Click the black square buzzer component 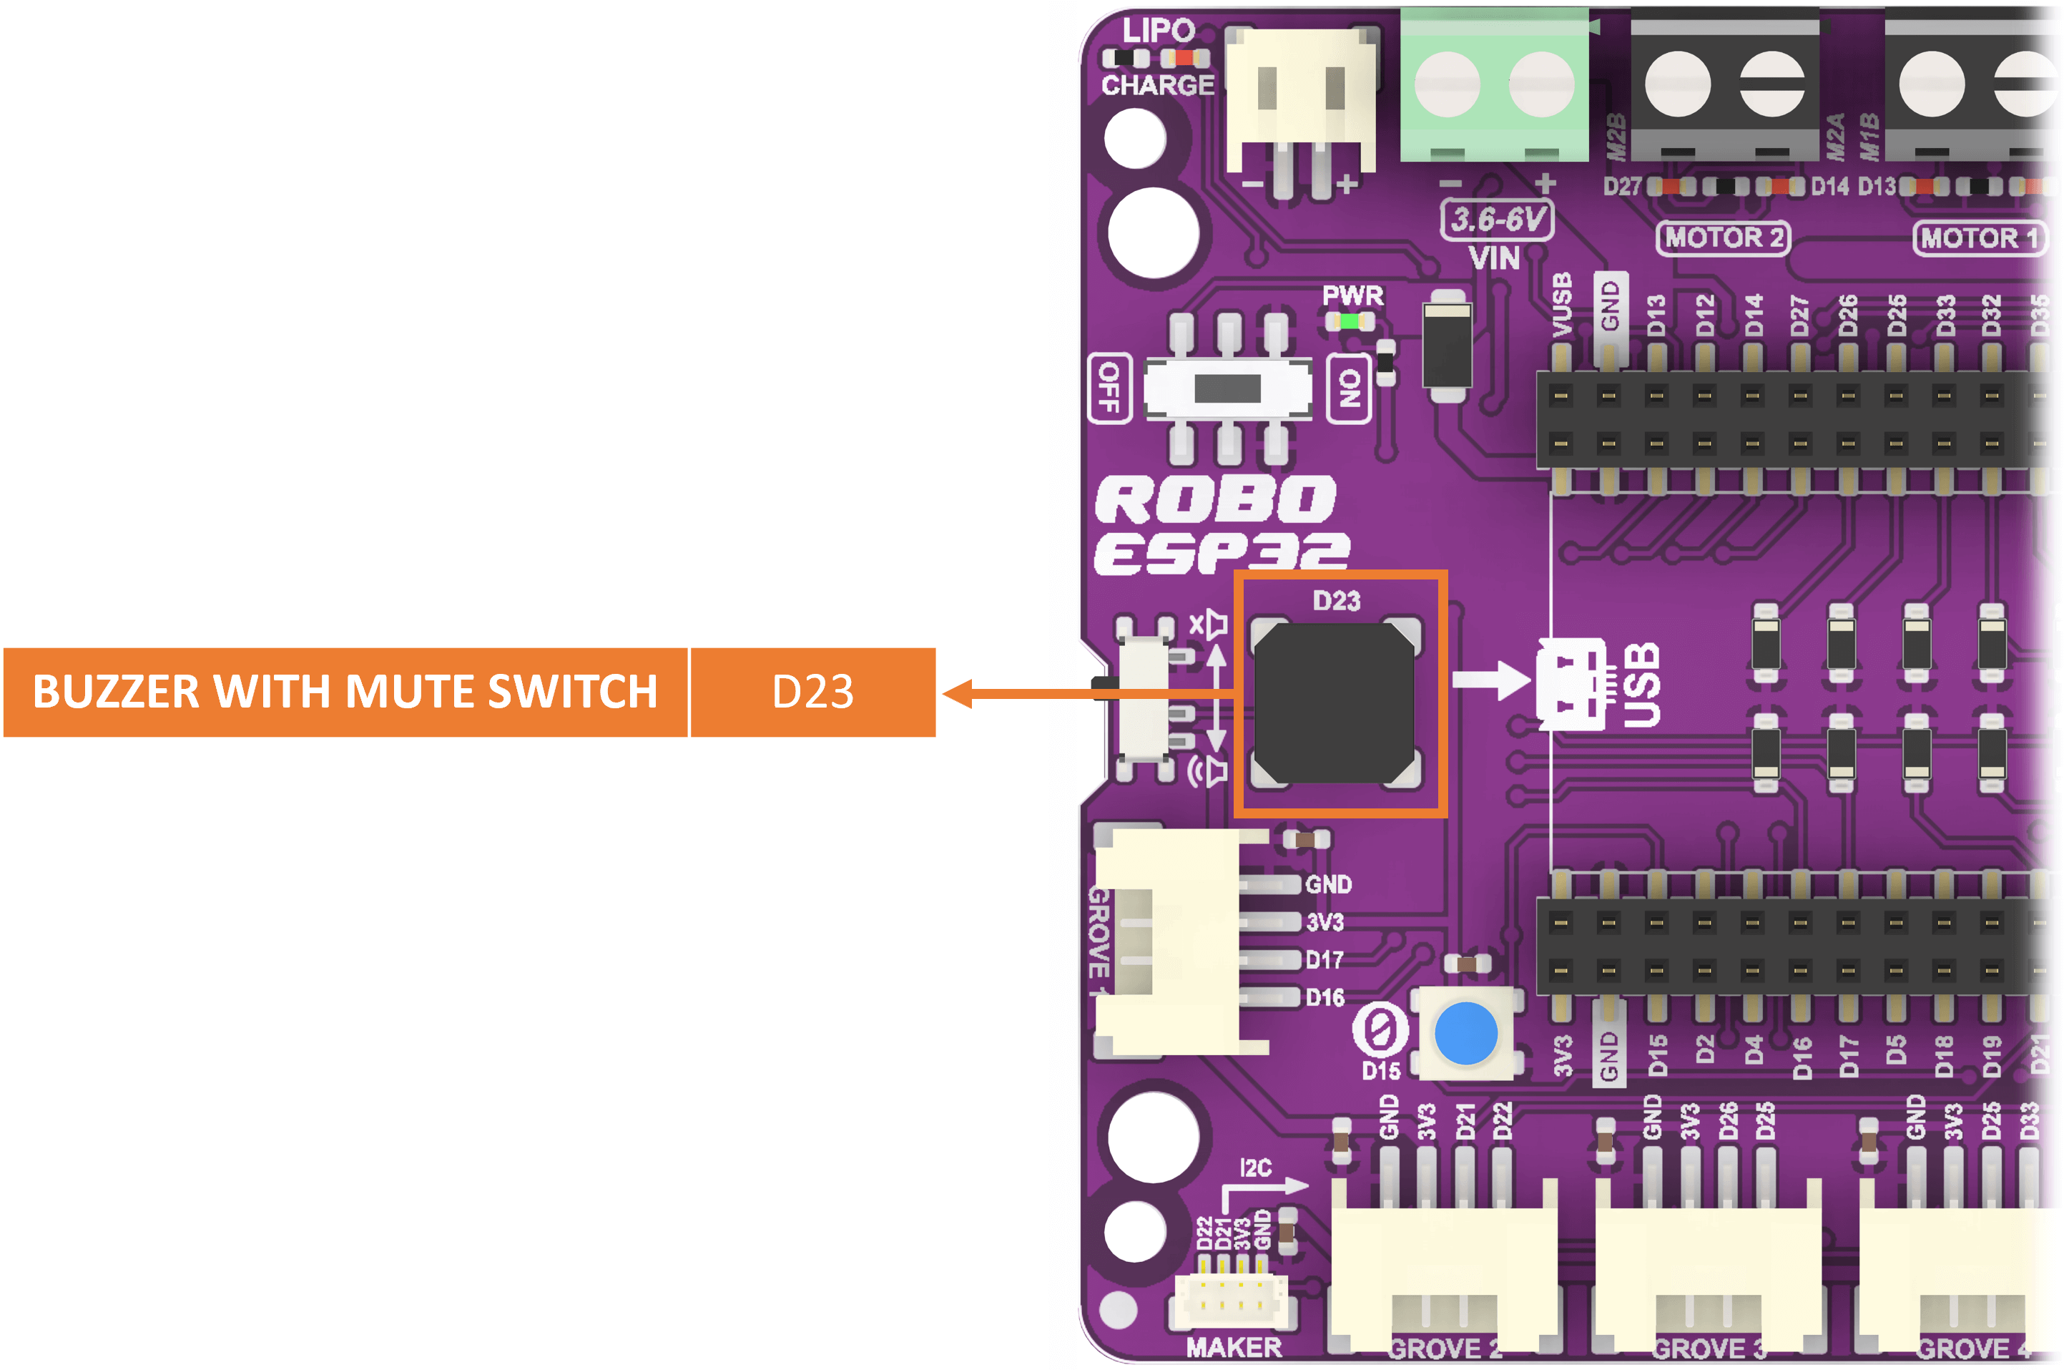tap(1334, 703)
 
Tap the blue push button tap(1465, 1034)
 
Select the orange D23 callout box tap(812, 692)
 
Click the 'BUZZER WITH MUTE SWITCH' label tap(345, 692)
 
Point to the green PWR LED tap(1350, 321)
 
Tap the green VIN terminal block tap(1493, 84)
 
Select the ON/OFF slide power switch tap(1227, 388)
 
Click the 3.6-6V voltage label tap(1497, 220)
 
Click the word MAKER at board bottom tap(1234, 1346)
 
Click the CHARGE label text tap(1157, 84)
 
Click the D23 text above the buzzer tap(1337, 601)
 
